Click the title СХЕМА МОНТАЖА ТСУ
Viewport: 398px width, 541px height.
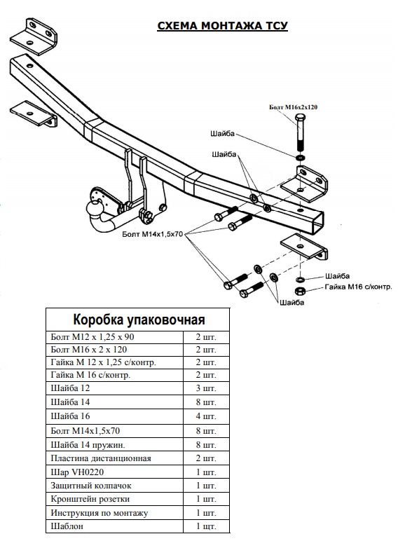click(222, 26)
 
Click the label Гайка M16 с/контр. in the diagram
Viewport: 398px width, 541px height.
click(358, 287)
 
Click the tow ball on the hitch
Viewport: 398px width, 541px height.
click(94, 208)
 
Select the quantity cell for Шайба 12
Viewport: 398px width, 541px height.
click(206, 388)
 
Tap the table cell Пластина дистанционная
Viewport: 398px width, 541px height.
click(101, 458)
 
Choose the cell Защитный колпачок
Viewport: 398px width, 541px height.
click(90, 485)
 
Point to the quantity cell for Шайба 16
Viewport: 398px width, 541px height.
click(206, 416)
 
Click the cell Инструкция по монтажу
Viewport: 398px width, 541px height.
click(99, 512)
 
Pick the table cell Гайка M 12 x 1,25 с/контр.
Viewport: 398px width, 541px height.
click(103, 362)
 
